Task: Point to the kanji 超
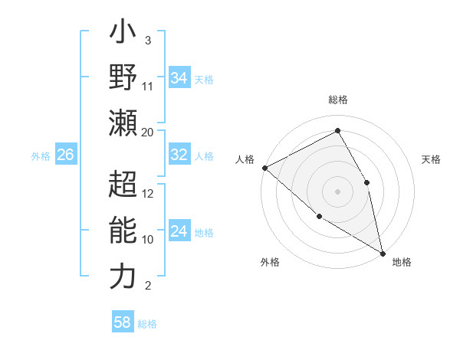[x=123, y=185]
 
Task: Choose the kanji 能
[x=123, y=231]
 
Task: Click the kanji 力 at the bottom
[x=123, y=276]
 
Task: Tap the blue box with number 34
[x=179, y=78]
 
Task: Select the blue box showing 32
[x=179, y=155]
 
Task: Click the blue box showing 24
[x=179, y=231]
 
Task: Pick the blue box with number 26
[x=65, y=155]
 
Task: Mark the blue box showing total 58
[x=123, y=322]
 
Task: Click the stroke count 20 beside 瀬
[x=148, y=132]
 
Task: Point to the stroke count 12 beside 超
[x=148, y=193]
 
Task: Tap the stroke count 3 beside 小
[x=147, y=41]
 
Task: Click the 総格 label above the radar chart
[x=338, y=100]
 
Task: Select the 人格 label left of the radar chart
[x=245, y=159]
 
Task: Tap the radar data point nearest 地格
[x=383, y=252]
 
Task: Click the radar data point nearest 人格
[x=264, y=168]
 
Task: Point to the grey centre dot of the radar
[x=337, y=191]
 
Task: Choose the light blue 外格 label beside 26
[x=41, y=155]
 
